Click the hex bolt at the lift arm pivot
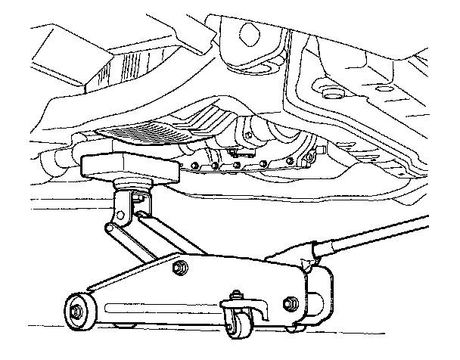point(182,268)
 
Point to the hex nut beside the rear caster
point(290,304)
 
